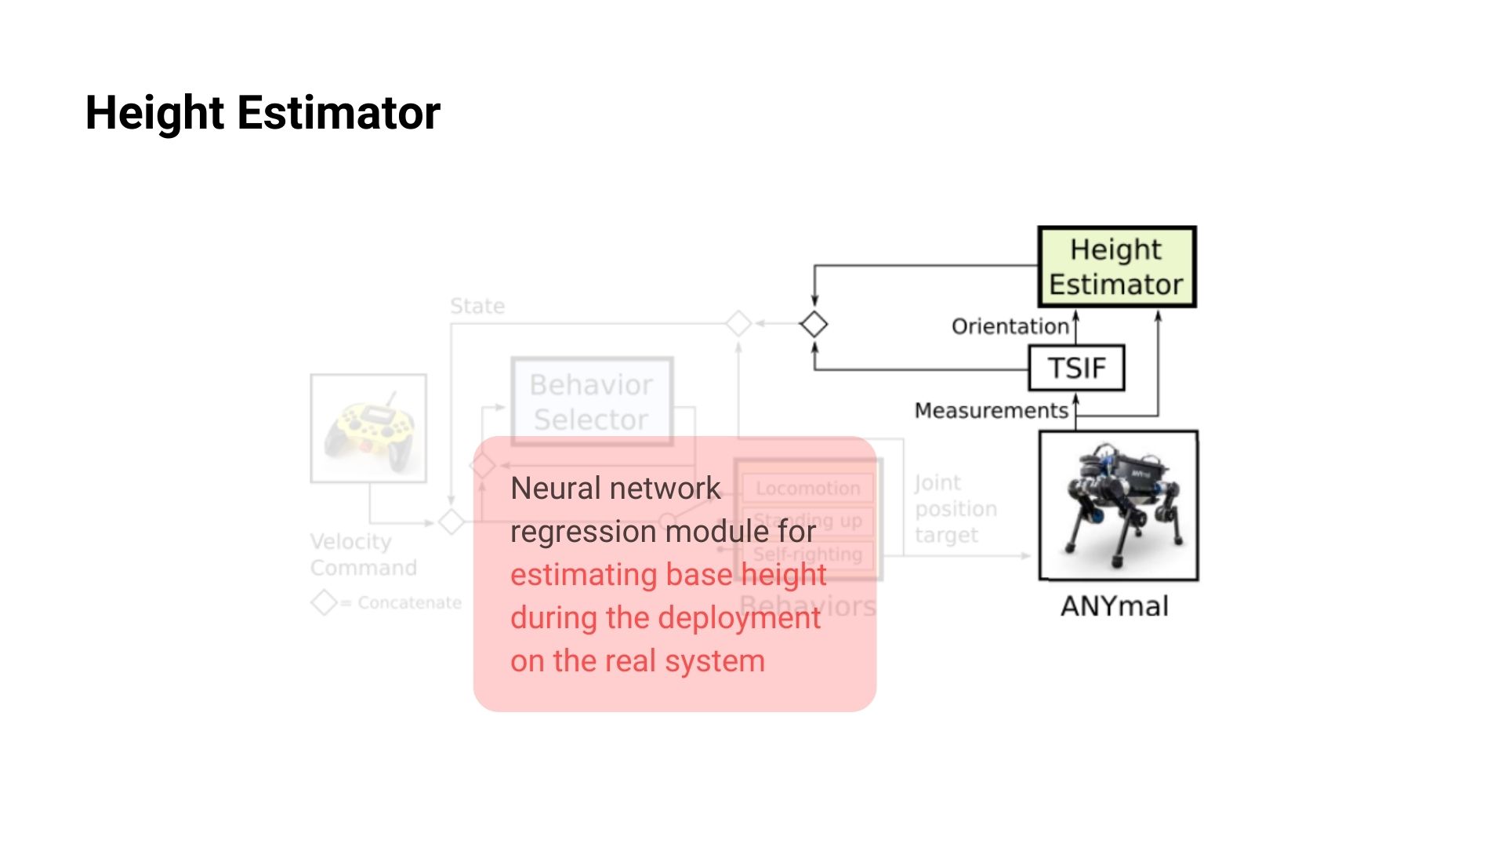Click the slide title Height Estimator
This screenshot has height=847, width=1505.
(x=263, y=113)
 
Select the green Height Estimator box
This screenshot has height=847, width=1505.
(x=1116, y=267)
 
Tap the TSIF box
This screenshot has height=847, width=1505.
(x=1076, y=368)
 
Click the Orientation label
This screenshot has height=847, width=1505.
(x=1010, y=326)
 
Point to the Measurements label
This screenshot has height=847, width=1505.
(x=991, y=410)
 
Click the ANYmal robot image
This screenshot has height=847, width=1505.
(x=1119, y=506)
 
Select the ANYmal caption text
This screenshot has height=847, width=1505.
(x=1114, y=606)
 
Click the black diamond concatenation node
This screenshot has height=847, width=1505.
(x=814, y=324)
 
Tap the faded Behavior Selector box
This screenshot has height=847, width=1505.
(x=592, y=402)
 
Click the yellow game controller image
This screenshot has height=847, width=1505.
(x=368, y=428)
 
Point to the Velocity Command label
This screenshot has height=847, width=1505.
(x=363, y=554)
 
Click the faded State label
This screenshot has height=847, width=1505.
(x=477, y=306)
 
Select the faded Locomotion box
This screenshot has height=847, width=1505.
(x=807, y=488)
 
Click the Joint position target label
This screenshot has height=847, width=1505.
(x=955, y=509)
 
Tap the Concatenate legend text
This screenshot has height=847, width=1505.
(x=409, y=603)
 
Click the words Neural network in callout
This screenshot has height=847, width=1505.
(x=615, y=489)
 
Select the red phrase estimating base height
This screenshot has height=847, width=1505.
(x=668, y=575)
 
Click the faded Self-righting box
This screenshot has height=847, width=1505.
(x=807, y=554)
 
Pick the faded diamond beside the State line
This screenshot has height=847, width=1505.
(x=738, y=323)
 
